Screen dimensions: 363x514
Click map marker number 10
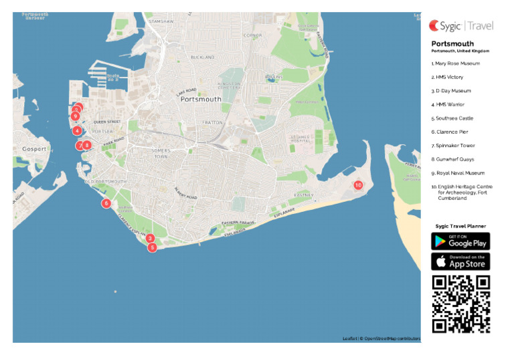(358, 185)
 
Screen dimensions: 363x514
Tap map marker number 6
(106, 203)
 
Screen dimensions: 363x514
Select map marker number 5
(153, 247)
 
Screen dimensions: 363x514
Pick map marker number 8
(87, 145)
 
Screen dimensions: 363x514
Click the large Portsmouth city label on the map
(200, 99)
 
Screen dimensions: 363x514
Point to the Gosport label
(33, 148)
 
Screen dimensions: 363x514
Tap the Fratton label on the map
(213, 122)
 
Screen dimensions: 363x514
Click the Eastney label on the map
(303, 195)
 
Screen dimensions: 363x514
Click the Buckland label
(203, 57)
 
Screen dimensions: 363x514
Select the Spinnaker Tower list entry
(455, 146)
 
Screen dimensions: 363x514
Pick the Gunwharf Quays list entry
(454, 159)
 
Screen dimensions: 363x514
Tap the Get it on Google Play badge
(460, 241)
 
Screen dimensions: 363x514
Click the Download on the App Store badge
(460, 261)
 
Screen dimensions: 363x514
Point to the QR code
(460, 304)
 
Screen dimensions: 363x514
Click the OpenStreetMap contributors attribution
(392, 338)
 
